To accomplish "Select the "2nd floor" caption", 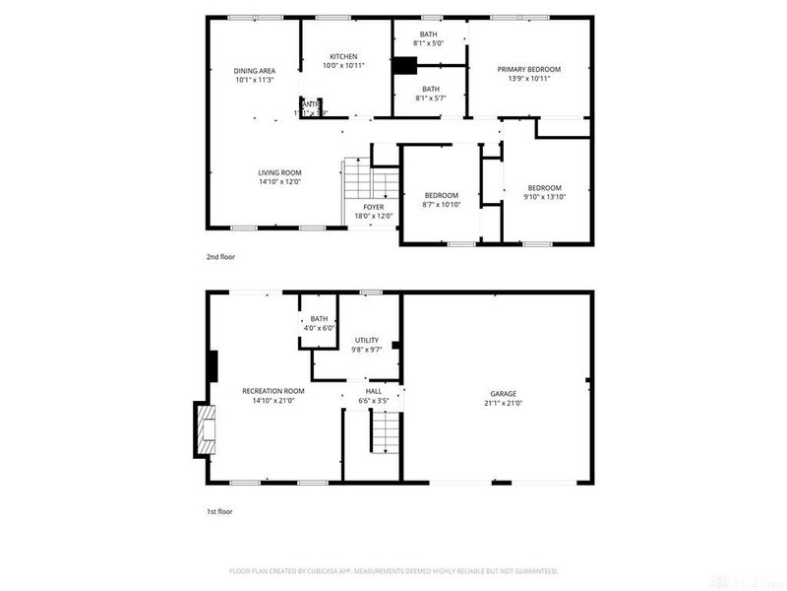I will click(220, 256).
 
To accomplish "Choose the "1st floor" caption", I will click(219, 511).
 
